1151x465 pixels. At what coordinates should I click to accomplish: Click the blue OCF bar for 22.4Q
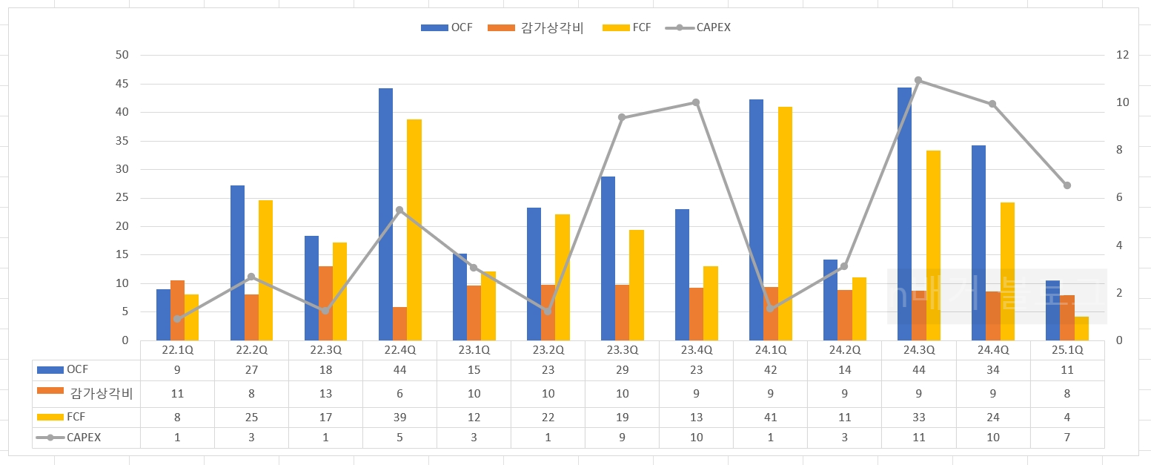pos(385,214)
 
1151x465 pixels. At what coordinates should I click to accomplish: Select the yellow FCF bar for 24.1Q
pos(785,223)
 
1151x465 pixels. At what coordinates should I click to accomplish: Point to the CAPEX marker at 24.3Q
pos(918,80)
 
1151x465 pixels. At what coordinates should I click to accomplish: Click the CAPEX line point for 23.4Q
pos(696,102)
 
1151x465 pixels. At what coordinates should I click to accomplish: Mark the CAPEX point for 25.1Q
pos(1067,185)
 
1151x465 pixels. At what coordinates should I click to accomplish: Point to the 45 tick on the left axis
pos(122,84)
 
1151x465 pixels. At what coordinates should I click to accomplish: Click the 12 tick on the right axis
pos(1121,55)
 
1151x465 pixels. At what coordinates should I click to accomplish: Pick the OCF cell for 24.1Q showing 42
pos(770,369)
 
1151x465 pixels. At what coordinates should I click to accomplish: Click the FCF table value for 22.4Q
pos(399,417)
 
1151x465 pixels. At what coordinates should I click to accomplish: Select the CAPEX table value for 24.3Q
pos(918,438)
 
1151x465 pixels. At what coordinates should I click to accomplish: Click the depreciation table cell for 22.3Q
pos(325,393)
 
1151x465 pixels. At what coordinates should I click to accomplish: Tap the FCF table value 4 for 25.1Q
pos(1067,417)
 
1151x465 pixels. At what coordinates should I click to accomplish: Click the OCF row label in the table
pos(77,369)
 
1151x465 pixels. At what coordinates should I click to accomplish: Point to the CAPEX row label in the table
pos(83,438)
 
